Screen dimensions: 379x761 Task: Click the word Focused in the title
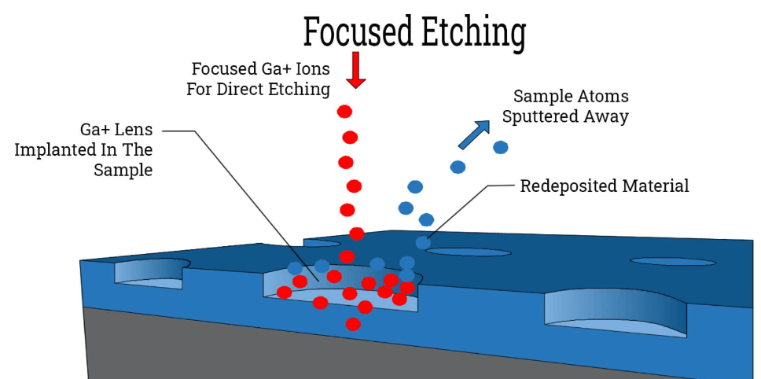point(357,33)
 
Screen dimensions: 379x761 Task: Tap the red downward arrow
point(356,70)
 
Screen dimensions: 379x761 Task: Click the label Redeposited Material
point(605,186)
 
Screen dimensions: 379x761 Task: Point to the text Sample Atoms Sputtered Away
point(571,107)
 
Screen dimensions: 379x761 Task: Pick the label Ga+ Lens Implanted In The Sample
point(84,149)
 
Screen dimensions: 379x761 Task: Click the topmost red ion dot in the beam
point(344,111)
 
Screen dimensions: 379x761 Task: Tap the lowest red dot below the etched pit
point(354,323)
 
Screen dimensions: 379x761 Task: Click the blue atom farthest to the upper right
point(500,147)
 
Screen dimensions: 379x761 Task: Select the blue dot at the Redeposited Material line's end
point(423,243)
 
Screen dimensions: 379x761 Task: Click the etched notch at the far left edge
point(149,272)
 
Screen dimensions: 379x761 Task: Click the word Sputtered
point(542,117)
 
